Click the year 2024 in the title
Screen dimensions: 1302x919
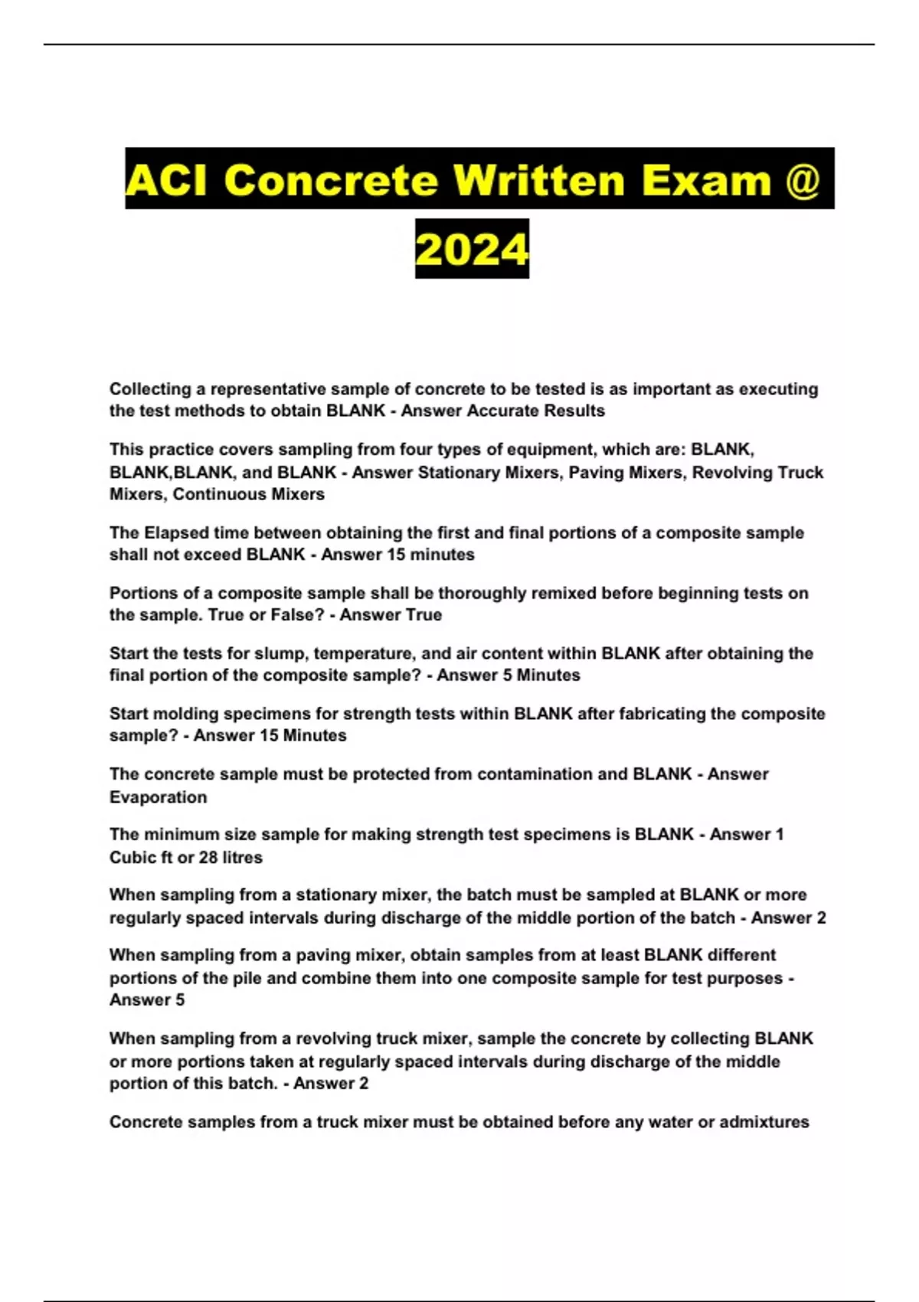472,249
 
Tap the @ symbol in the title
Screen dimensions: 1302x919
803,180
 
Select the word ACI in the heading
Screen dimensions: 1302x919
166,180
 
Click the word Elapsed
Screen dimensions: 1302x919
176,532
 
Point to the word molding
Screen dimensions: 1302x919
182,714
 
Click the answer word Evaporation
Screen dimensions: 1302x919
158,797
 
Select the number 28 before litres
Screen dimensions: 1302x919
208,857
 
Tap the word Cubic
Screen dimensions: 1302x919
134,857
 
